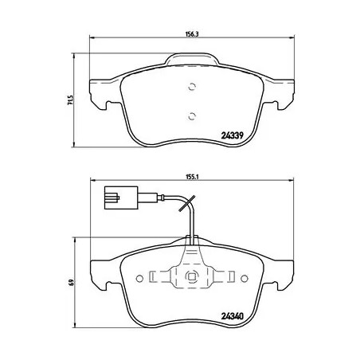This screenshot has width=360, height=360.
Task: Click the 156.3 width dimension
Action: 190,34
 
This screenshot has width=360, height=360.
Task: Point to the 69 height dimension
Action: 71,283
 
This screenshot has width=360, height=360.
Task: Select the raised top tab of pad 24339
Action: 191,60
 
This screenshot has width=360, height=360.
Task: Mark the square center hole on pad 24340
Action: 191,277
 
